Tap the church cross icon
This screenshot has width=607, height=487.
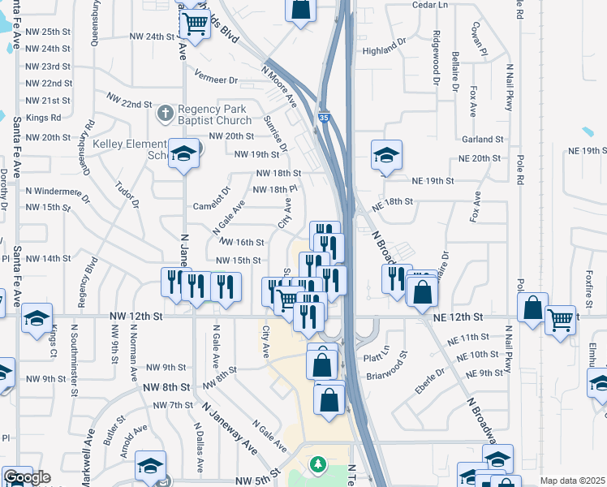[166, 113]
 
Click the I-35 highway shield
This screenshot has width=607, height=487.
[324, 117]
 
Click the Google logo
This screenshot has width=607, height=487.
[27, 478]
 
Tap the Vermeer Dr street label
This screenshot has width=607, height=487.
[216, 80]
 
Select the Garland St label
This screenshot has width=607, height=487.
[482, 140]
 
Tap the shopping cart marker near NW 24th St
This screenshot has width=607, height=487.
[195, 24]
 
